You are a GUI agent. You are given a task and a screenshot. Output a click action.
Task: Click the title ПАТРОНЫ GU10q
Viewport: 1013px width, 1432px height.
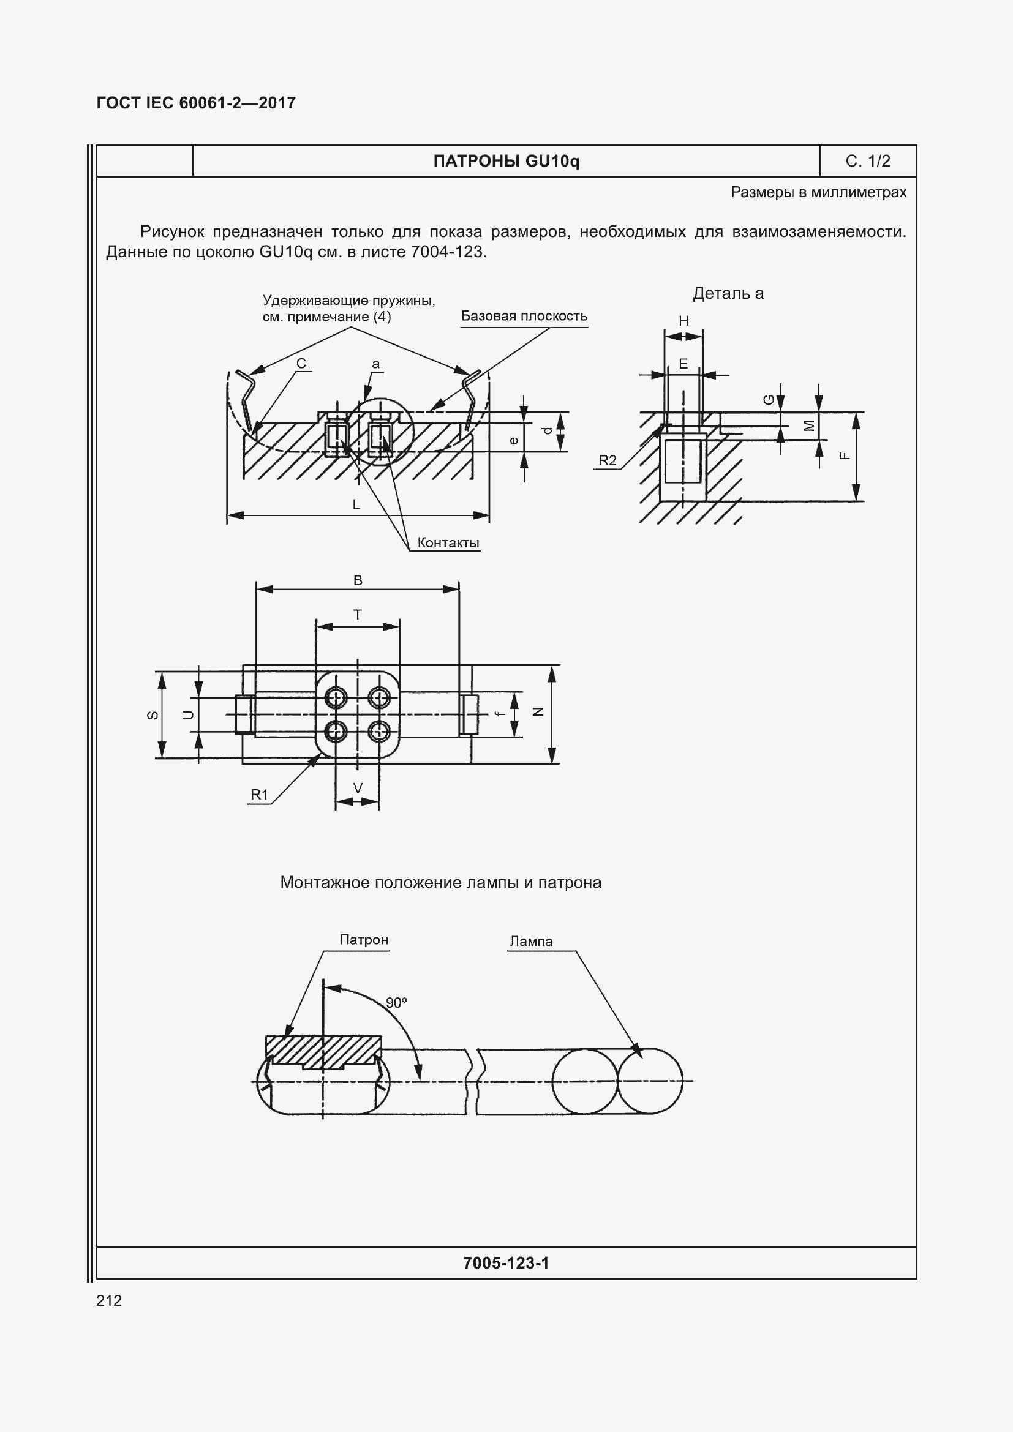point(506,162)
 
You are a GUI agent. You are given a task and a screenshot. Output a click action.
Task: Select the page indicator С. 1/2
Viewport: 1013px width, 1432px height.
point(868,162)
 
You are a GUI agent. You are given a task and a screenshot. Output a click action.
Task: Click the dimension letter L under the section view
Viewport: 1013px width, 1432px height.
point(356,505)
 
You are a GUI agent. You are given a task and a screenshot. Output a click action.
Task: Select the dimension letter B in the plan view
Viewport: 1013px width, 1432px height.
point(358,580)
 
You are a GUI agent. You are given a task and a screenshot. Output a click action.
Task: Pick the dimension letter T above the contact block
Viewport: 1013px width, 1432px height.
point(358,615)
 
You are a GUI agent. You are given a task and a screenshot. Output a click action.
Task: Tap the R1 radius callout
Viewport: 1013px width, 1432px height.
point(260,795)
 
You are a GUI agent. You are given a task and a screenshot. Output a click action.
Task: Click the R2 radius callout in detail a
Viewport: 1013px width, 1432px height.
point(608,461)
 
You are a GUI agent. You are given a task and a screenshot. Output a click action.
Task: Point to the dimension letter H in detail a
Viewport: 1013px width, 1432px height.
point(683,321)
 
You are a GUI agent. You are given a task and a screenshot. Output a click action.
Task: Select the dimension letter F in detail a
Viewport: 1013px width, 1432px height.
point(845,456)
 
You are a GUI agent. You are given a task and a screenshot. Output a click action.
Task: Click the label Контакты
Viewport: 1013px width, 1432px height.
point(448,542)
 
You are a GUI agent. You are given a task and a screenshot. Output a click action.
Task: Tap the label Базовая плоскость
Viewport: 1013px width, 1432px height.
point(524,316)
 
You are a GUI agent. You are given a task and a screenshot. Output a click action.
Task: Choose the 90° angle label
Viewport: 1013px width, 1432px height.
point(396,1003)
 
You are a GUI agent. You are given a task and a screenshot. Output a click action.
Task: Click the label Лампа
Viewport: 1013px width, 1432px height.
point(531,941)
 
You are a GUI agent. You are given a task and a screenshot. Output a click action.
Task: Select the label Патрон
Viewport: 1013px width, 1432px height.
point(364,940)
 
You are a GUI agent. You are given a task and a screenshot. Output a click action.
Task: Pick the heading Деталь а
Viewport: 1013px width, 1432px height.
point(728,294)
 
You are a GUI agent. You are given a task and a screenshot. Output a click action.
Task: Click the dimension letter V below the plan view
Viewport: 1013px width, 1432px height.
point(358,789)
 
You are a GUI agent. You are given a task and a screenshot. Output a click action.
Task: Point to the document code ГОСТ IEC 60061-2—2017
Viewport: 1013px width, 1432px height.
point(197,103)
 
